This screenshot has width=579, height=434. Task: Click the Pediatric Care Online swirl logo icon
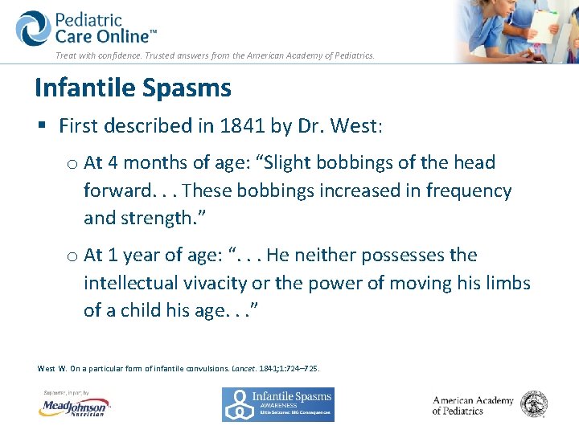[33, 28]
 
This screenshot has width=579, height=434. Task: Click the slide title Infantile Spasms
[133, 88]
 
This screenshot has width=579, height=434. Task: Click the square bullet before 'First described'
[42, 126]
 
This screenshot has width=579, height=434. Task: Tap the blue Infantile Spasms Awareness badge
[278, 404]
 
